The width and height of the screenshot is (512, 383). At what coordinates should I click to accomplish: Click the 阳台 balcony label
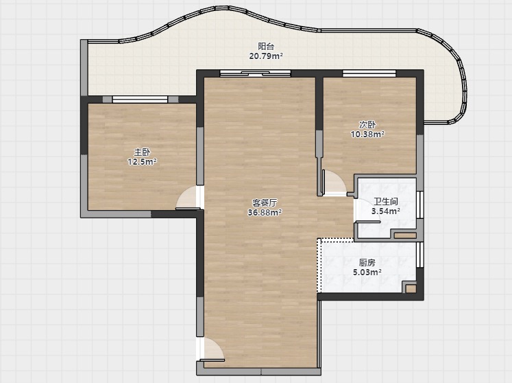[x=266, y=47]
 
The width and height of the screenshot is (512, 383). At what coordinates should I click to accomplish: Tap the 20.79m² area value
[x=266, y=56]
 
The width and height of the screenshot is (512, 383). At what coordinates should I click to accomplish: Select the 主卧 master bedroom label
[x=142, y=152]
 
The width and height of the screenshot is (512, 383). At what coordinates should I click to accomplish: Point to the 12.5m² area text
[x=142, y=162]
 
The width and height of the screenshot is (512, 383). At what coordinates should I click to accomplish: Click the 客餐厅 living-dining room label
[x=265, y=202]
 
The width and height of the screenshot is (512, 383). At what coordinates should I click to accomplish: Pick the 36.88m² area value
[x=265, y=213]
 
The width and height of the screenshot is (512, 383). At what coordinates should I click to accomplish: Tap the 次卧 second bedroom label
[x=367, y=125]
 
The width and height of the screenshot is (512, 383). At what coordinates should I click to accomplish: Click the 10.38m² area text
[x=367, y=135]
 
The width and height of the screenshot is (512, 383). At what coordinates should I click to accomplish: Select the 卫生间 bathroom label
[x=386, y=202]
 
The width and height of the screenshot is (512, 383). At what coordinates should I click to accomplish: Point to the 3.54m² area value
[x=386, y=211]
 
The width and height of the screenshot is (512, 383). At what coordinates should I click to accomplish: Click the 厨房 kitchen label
[x=367, y=263]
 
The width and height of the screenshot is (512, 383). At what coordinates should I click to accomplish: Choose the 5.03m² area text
[x=367, y=272]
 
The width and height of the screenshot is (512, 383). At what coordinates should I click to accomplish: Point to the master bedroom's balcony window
[x=140, y=100]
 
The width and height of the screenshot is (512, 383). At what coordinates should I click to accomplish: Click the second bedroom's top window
[x=369, y=73]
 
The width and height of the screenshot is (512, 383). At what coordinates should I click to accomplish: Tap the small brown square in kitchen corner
[x=411, y=288]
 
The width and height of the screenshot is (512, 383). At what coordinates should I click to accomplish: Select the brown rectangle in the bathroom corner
[x=405, y=235]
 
